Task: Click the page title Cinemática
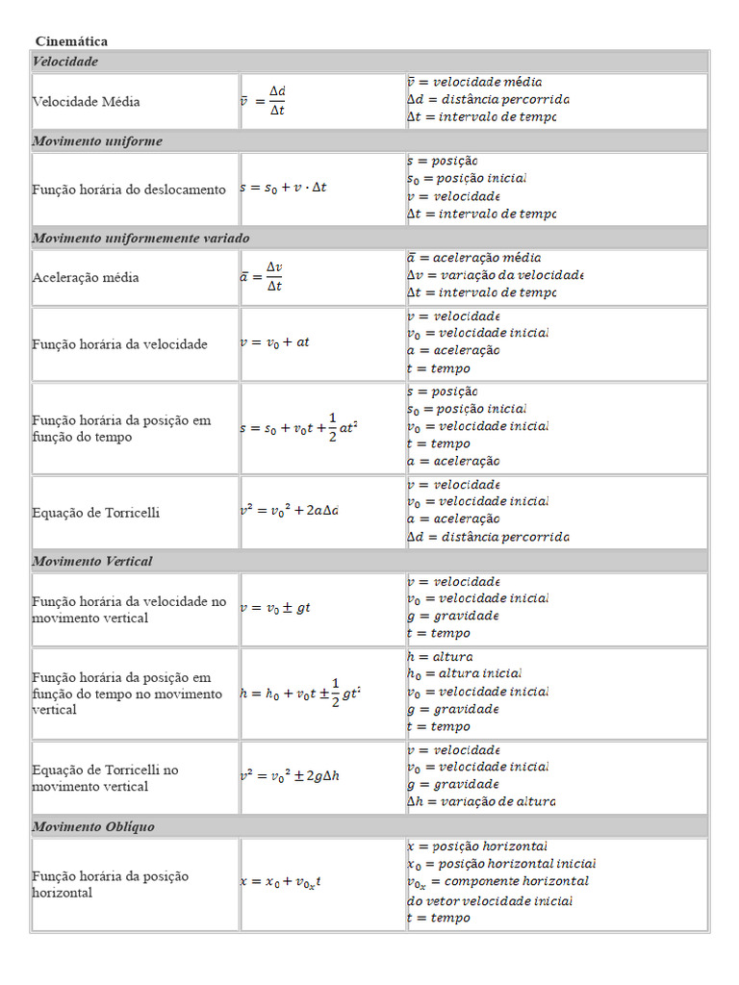coord(71,41)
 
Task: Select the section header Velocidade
coord(65,62)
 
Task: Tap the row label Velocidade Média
coord(86,101)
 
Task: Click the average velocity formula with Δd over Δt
coord(264,100)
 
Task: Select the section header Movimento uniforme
coord(97,141)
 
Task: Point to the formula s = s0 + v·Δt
coord(283,189)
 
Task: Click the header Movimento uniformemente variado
coord(140,238)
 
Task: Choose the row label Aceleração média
coord(86,277)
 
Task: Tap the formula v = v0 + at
coord(274,342)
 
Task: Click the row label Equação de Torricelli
coord(96,513)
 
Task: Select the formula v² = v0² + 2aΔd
coord(289,511)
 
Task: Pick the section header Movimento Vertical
coord(92,561)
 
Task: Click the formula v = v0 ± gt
coord(275,608)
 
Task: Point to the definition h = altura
coord(440,656)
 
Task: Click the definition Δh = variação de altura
coord(480,801)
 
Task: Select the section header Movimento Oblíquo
coord(93,826)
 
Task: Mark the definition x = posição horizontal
coord(477,846)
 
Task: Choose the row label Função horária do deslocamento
coord(129,189)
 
